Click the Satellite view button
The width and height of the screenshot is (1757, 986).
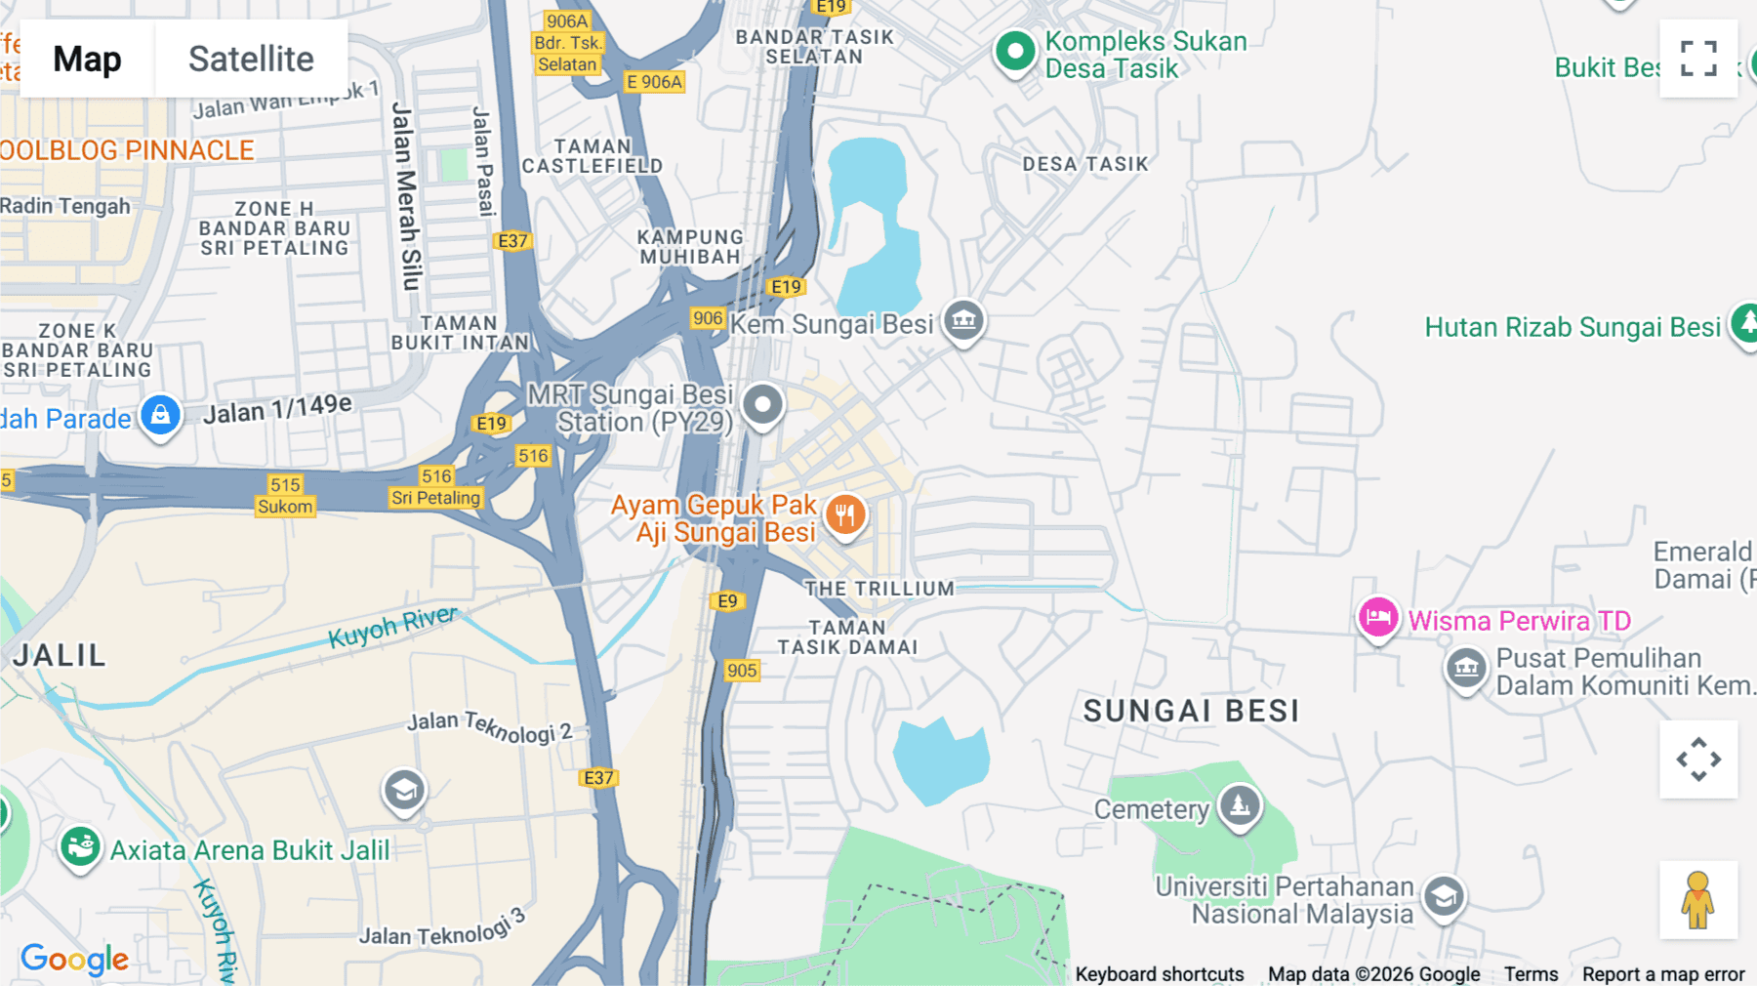pyautogui.click(x=251, y=59)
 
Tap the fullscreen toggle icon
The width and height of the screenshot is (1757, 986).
pyautogui.click(x=1698, y=59)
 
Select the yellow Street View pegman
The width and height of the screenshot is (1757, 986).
pyautogui.click(x=1698, y=900)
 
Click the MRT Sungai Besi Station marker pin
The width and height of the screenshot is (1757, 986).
pyautogui.click(x=762, y=404)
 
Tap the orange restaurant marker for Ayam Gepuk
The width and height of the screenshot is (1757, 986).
pyautogui.click(x=845, y=514)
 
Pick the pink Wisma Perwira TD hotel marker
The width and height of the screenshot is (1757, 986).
pyautogui.click(x=1377, y=618)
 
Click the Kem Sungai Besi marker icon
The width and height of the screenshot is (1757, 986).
pyautogui.click(x=963, y=319)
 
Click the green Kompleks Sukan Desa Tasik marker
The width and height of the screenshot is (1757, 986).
pyautogui.click(x=1014, y=51)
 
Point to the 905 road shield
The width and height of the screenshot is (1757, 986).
pyautogui.click(x=742, y=671)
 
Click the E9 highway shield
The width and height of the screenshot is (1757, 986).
pyautogui.click(x=728, y=601)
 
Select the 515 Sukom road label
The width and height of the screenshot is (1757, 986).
pyautogui.click(x=285, y=496)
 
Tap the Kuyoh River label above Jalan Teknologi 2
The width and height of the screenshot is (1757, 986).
pyautogui.click(x=392, y=627)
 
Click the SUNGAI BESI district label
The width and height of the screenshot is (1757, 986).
pyautogui.click(x=1191, y=712)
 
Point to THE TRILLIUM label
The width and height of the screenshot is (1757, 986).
pyautogui.click(x=878, y=589)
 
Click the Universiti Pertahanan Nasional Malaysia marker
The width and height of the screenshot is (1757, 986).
pyautogui.click(x=1444, y=896)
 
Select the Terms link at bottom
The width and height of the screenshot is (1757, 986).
pyautogui.click(x=1531, y=974)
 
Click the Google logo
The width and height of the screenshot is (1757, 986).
pyautogui.click(x=74, y=960)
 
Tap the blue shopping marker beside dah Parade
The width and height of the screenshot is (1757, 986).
pyautogui.click(x=160, y=415)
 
